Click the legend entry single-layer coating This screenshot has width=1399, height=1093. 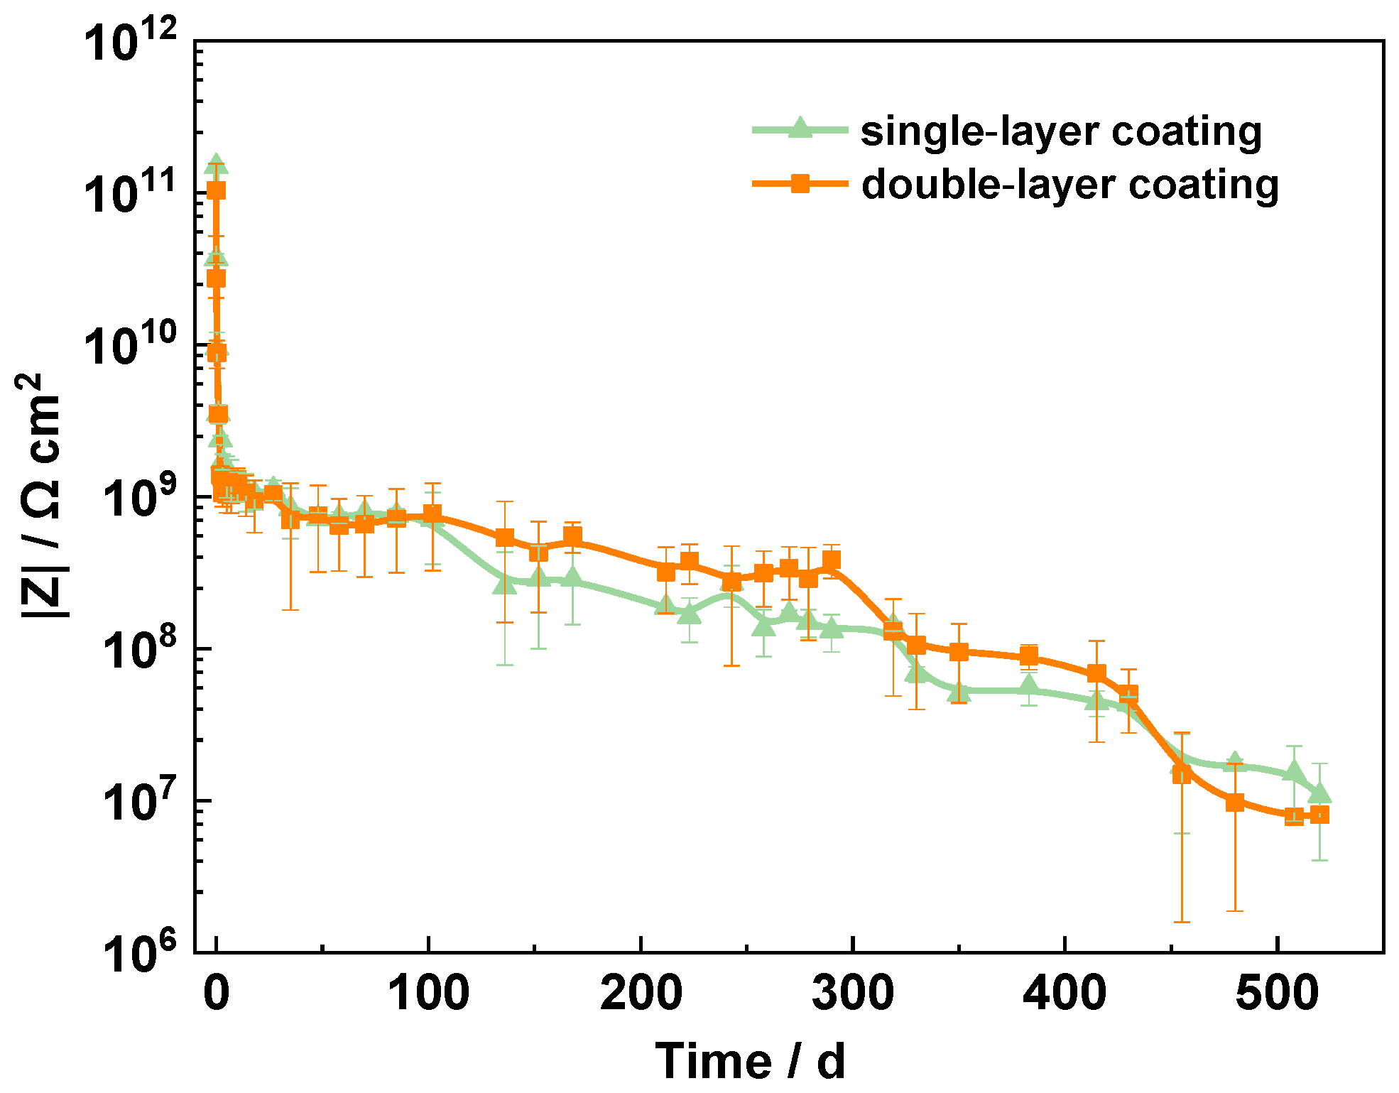(x=1061, y=131)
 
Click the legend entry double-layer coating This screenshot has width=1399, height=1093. (x=1069, y=185)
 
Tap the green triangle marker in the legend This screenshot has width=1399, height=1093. (x=800, y=129)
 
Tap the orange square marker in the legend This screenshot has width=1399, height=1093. (x=800, y=184)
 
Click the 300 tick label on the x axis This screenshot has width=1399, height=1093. (x=853, y=992)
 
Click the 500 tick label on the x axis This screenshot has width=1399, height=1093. (x=1277, y=992)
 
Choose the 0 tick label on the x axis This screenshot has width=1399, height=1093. (x=217, y=992)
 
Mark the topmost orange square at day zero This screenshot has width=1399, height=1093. (x=217, y=190)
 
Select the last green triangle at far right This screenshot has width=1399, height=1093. (x=1319, y=793)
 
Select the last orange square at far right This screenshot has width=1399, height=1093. (x=1319, y=815)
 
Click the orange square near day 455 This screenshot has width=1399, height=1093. (x=1182, y=775)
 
